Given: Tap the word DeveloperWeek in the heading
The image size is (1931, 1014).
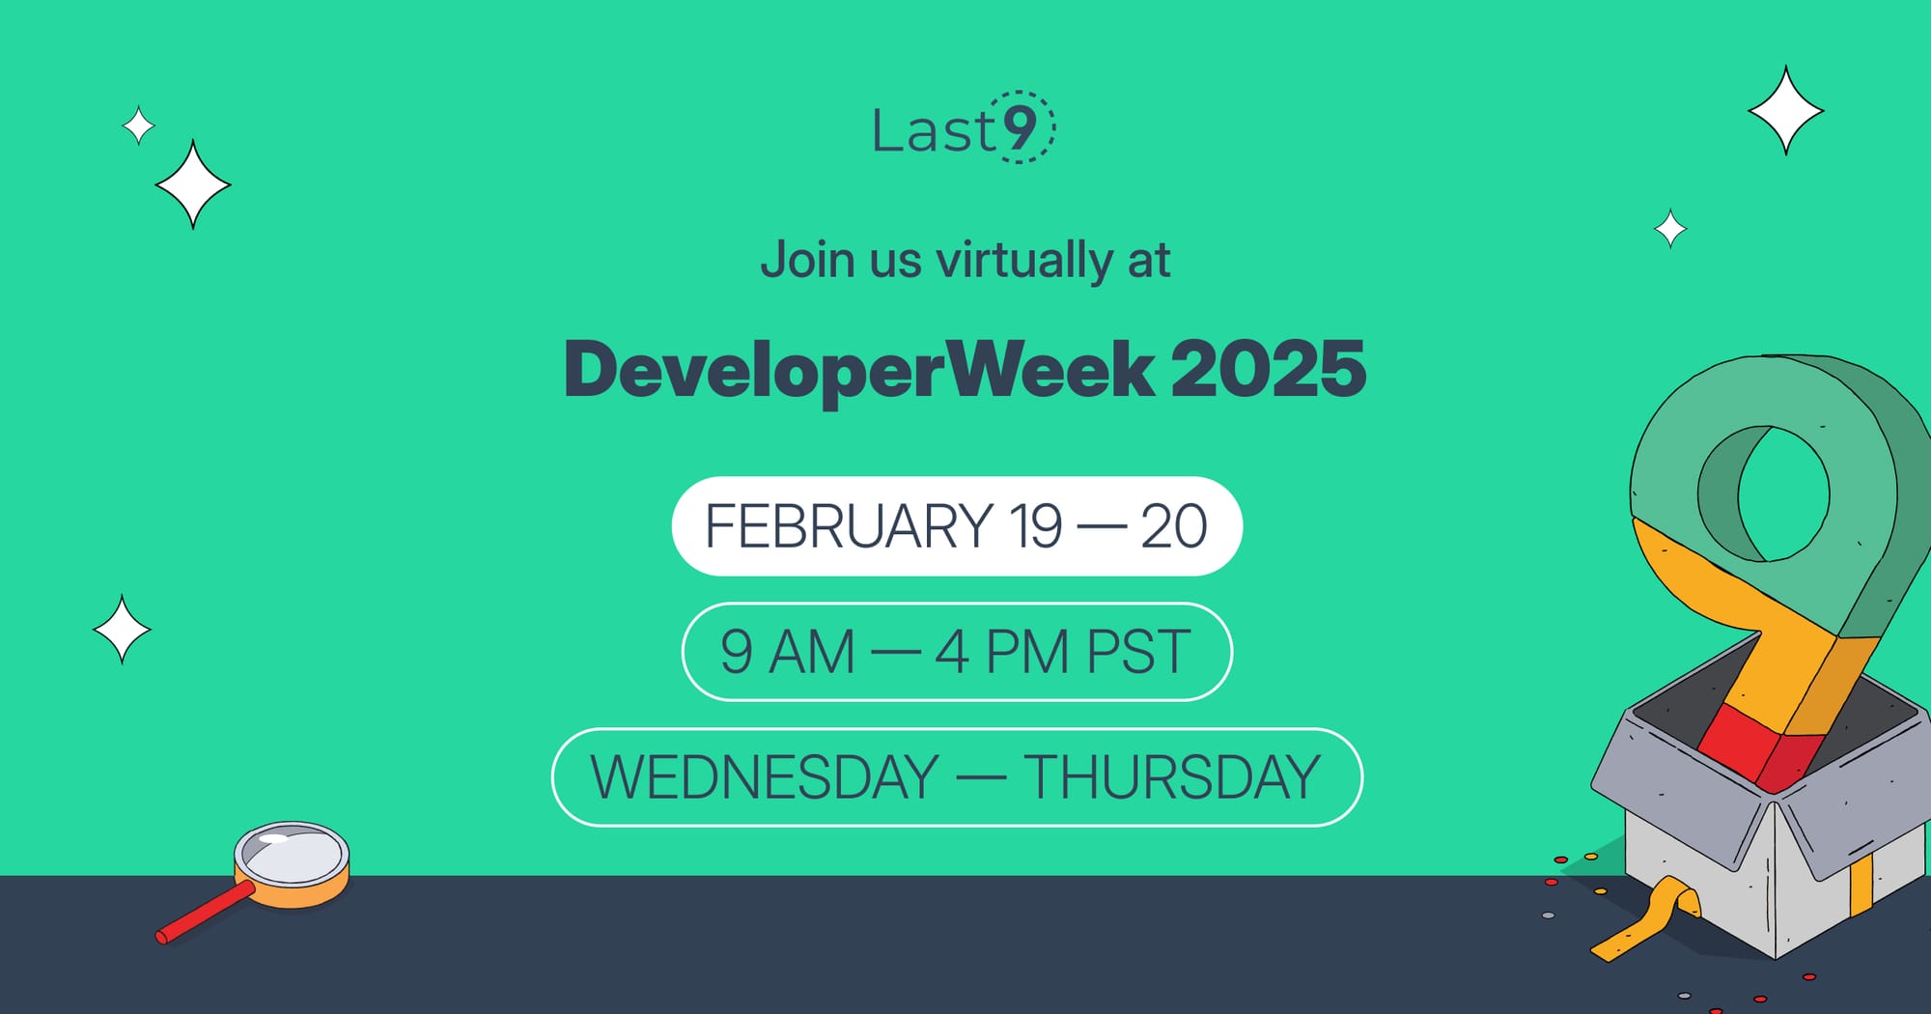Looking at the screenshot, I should click(858, 370).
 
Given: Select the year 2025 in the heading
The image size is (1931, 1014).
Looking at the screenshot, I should click(1268, 370).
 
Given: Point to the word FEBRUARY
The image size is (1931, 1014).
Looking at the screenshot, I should click(849, 526).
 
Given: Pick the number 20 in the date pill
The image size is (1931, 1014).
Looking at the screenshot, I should click(1173, 526).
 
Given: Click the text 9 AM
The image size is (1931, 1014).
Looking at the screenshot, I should click(788, 652).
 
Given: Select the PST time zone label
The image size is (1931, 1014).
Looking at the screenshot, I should click(1138, 652).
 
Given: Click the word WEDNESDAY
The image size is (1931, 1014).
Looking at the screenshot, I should click(765, 777).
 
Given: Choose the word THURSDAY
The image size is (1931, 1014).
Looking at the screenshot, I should click(1171, 777).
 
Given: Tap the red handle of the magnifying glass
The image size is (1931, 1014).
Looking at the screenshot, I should click(205, 913).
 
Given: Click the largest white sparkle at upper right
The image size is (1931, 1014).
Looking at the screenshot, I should click(1785, 111).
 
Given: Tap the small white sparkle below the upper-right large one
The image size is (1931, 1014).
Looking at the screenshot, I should click(1670, 229).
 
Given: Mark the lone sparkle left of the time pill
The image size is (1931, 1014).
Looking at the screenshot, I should click(122, 630).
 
